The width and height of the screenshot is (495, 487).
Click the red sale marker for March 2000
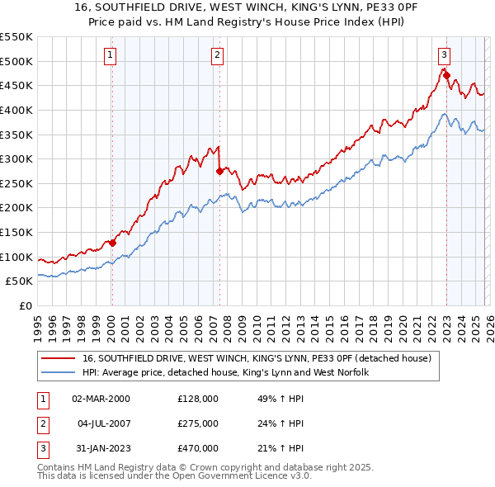point(113,243)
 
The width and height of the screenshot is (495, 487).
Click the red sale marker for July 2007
point(219,172)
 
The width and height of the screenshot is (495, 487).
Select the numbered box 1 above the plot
point(111,55)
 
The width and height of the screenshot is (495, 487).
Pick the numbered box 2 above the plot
point(217,55)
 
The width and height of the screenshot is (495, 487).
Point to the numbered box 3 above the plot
point(444,55)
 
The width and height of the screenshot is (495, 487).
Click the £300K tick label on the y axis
point(16,158)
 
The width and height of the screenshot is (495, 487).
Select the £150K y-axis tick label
point(16,232)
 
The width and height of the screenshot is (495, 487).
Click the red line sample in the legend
point(59,359)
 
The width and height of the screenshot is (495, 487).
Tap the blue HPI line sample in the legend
point(59,373)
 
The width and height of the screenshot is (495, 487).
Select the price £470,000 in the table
point(198,448)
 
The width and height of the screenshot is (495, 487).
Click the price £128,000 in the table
point(198,399)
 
